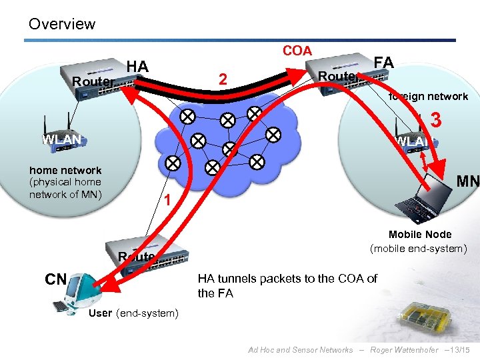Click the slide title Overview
(61, 24)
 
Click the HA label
(137, 66)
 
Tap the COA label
(297, 51)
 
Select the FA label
(384, 63)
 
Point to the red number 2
(224, 80)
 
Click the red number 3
(437, 121)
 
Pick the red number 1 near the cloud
(169, 201)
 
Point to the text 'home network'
(65, 171)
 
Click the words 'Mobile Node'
(419, 235)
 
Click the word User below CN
(100, 313)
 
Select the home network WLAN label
(61, 139)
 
